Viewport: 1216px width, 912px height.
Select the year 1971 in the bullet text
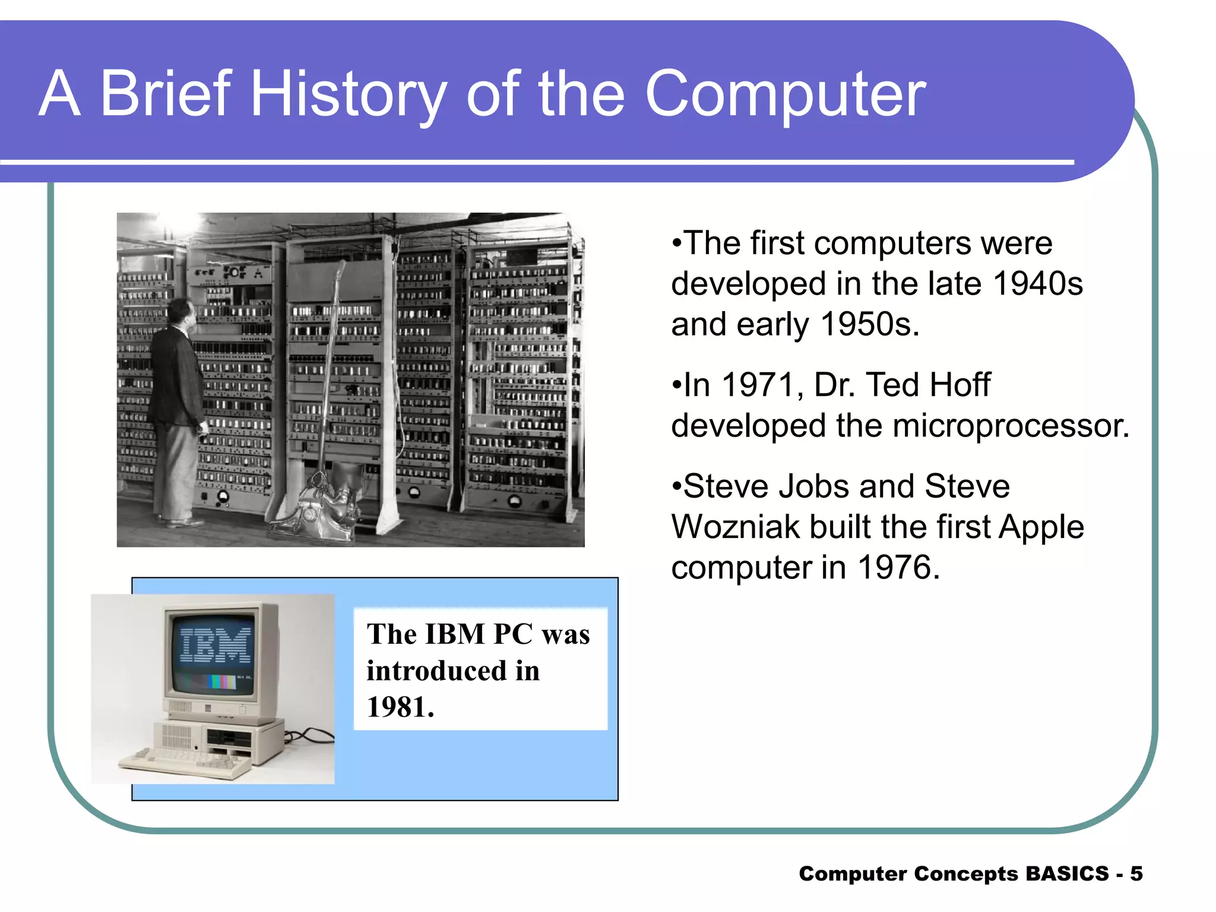point(756,385)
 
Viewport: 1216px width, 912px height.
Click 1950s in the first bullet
point(869,325)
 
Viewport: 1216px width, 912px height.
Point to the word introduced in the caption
point(436,671)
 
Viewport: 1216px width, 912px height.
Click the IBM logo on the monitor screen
point(215,645)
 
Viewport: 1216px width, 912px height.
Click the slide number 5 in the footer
point(1136,874)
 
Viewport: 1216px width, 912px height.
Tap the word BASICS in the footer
point(1067,874)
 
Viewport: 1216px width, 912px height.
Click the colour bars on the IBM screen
point(222,682)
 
